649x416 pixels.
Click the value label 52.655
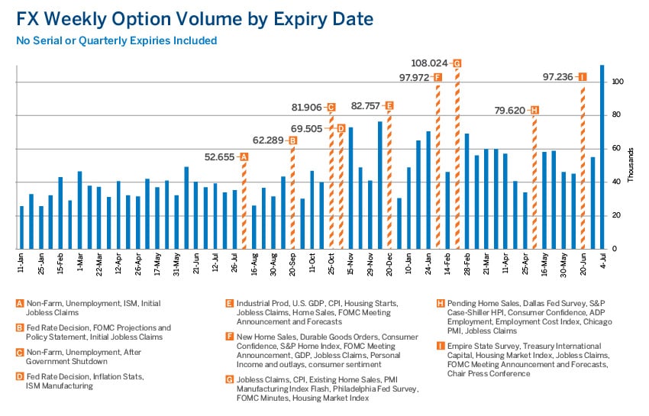tap(221, 156)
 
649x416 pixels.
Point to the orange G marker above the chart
tap(457, 63)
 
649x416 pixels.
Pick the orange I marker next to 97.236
tap(583, 76)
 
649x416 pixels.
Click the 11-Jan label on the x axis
tap(21, 263)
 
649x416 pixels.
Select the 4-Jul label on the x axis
tap(602, 262)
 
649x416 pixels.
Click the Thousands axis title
tap(631, 165)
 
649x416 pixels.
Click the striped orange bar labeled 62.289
tap(293, 198)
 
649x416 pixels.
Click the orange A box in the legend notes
tap(19, 303)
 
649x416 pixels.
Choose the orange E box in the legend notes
tap(229, 303)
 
